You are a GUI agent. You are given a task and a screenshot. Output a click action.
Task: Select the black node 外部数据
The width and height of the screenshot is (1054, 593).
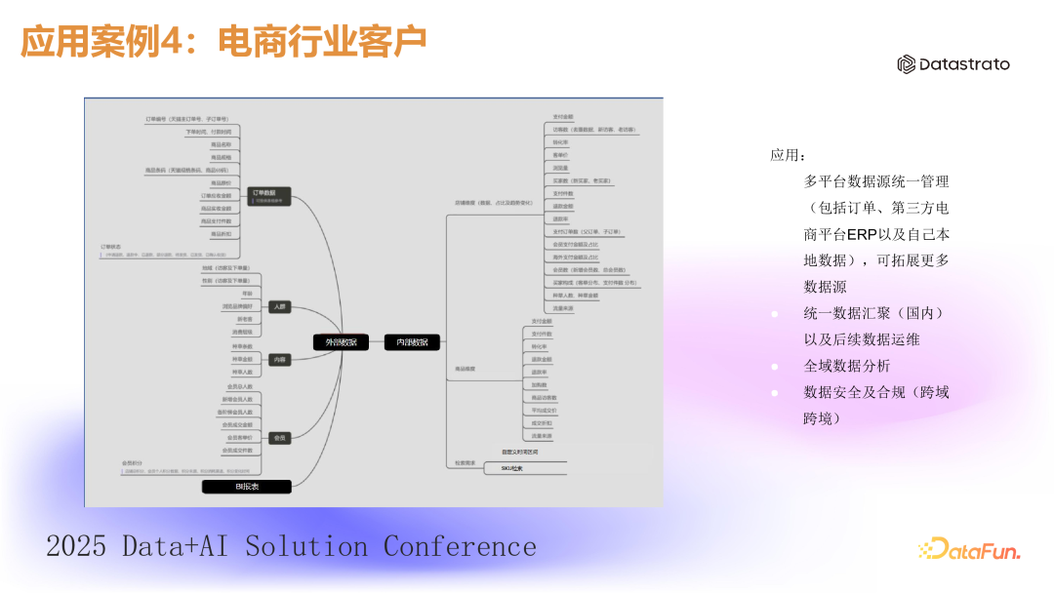341,342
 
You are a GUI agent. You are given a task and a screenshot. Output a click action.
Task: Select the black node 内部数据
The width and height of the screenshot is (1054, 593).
412,342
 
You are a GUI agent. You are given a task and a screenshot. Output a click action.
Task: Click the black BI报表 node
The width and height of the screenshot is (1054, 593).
246,486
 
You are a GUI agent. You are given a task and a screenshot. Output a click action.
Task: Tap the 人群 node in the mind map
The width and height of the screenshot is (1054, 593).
280,306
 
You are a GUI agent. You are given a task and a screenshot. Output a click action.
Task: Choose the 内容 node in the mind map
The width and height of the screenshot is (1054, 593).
280,360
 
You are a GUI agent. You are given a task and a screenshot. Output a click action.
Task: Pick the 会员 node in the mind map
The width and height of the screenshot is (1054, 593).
280,438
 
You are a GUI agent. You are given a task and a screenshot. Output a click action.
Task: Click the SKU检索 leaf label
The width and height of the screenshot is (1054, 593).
512,469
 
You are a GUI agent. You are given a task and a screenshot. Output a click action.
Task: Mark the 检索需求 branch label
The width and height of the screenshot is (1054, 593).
465,462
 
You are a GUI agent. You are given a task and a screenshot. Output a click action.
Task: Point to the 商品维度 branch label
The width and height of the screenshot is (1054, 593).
465,369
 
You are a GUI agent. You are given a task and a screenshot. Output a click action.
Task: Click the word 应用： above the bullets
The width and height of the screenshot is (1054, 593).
788,155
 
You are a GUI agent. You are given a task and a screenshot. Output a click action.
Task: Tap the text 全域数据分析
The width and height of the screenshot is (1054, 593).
846,366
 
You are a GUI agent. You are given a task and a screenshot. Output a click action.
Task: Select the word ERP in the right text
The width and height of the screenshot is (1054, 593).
862,234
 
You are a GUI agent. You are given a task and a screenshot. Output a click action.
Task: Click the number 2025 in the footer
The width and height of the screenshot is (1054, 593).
75,546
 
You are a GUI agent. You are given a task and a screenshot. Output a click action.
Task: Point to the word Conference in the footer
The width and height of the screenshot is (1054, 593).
460,546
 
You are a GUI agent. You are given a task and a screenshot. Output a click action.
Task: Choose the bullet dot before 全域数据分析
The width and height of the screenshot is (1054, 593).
775,367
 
